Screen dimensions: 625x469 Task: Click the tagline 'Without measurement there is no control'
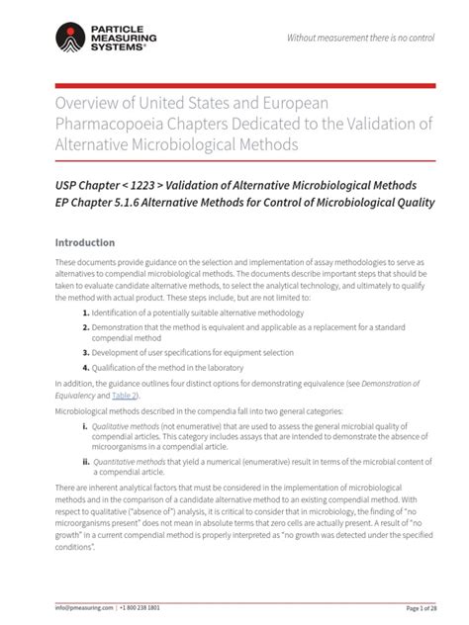[x=360, y=38]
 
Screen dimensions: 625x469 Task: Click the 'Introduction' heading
[x=85, y=242]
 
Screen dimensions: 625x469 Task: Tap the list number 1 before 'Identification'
[x=87, y=312]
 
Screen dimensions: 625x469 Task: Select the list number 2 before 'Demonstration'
[x=87, y=326]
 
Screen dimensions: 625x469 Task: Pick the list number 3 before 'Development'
[x=87, y=351]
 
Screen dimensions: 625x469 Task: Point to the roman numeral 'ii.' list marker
[x=86, y=459]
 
